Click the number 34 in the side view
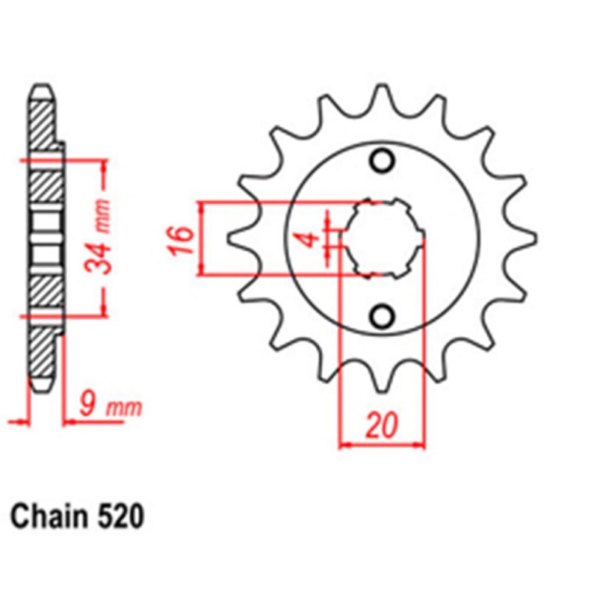click(101, 256)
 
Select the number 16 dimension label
click(182, 239)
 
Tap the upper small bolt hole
click(382, 160)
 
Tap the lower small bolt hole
click(382, 317)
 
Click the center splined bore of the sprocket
click(382, 238)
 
